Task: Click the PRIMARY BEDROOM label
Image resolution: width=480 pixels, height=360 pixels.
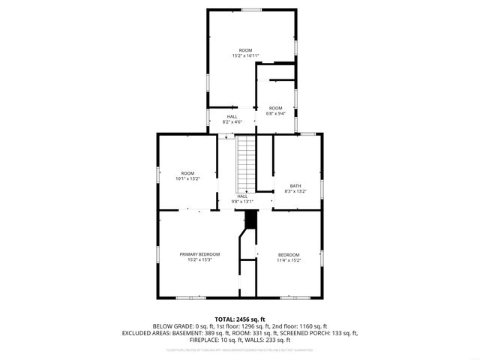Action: click(199, 254)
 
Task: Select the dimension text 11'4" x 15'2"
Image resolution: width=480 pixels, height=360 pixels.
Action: click(289, 260)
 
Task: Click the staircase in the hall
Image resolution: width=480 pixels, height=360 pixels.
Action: click(246, 163)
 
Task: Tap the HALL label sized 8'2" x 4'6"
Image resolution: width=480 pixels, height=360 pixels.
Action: click(232, 116)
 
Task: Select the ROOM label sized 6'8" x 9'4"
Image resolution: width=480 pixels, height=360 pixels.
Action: click(276, 108)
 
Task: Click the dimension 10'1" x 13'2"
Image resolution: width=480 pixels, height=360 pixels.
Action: click(187, 179)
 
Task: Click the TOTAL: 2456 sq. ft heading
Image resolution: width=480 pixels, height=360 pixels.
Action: click(239, 319)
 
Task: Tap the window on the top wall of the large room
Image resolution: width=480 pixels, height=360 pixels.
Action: click(251, 10)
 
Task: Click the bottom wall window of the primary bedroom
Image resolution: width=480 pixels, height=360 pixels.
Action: click(196, 298)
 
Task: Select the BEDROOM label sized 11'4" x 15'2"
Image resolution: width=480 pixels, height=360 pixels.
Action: click(289, 254)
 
